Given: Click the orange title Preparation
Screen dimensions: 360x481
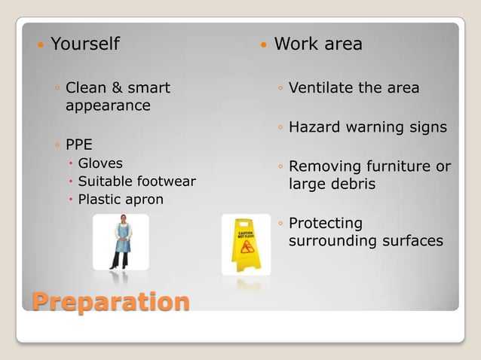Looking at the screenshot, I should coord(110,301).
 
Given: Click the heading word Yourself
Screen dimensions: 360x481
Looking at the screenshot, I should coord(84,44).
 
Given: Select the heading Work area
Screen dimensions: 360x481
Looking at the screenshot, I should coord(318,44).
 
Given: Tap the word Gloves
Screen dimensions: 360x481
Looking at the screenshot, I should coord(100,163).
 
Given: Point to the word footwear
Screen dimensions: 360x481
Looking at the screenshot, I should coord(167,182).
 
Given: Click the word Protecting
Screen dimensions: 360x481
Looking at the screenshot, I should coord(326,224).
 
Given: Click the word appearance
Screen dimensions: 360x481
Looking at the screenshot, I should coord(108,105).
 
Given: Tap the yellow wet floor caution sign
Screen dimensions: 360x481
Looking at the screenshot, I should coord(246,245).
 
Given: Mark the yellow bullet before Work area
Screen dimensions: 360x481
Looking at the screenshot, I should coord(263,45).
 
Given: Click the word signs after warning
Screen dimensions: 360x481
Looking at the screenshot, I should coord(428,127).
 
